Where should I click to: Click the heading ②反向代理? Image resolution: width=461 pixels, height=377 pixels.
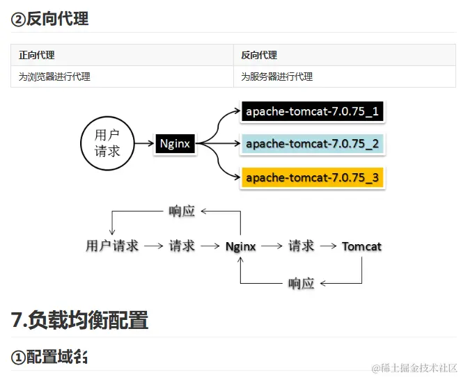pos(49,19)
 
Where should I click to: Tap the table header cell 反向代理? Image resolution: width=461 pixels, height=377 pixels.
pos(259,55)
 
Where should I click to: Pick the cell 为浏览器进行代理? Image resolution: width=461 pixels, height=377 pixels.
pos(54,77)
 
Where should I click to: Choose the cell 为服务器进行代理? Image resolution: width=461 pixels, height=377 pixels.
pos(277,77)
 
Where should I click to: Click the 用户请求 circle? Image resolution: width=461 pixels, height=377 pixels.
pos(107,143)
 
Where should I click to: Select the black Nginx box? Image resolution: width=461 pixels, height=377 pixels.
pos(175,144)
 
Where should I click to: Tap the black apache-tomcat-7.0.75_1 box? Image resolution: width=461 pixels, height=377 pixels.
pos(312,111)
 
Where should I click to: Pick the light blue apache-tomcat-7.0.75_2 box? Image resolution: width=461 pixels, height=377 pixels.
pos(312,144)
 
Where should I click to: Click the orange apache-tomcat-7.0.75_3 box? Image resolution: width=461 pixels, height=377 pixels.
pos(312,177)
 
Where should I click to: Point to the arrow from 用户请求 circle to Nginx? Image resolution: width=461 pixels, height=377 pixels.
pos(143,144)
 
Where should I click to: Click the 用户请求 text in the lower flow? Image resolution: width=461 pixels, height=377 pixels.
pos(112,246)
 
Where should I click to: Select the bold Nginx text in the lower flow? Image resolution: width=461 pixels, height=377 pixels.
pos(241,246)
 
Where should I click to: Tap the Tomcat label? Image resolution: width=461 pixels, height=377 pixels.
pos(361,246)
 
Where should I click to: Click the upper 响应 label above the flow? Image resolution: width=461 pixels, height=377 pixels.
pos(182,211)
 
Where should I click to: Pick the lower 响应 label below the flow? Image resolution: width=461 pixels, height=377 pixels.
pos(301,283)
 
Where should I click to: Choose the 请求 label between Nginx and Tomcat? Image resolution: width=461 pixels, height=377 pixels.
pos(301,246)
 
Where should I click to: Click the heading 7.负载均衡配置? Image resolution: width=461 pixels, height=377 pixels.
pos(80,320)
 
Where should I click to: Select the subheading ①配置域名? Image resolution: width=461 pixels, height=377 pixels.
pos(49,357)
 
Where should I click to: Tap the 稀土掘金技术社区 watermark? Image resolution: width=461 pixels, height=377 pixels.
pos(414,367)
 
